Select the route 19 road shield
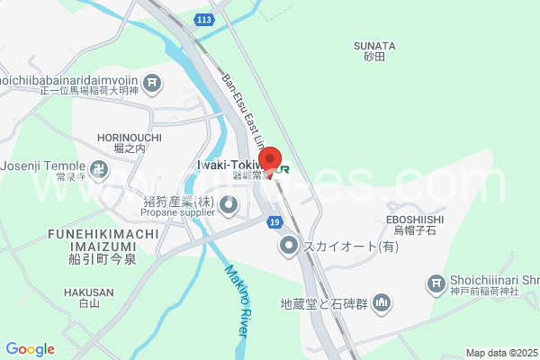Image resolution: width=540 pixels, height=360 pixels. coord(274,221)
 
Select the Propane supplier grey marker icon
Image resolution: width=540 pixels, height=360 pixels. coord(229,207)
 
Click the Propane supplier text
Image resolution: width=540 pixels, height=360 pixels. coord(177,213)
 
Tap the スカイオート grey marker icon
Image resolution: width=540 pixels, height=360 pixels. coord(288,245)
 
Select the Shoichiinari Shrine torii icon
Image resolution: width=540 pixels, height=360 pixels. coord(436,284)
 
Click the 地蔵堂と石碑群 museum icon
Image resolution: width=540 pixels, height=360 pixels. coord(382,302)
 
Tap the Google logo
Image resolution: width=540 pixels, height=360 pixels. coord(30,349)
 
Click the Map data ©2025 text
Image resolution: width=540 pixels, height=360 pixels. coord(500,353)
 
